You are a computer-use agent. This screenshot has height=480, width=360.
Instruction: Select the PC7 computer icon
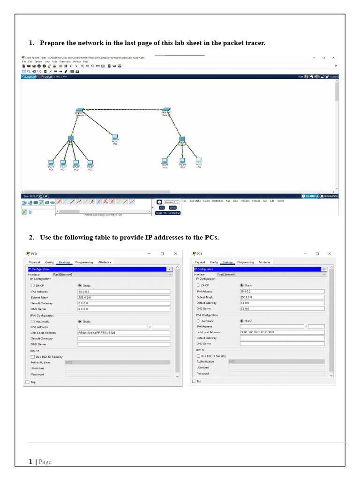199,160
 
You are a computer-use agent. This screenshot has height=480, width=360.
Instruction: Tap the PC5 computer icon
165,161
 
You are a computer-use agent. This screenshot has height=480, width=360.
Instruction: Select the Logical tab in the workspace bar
29,76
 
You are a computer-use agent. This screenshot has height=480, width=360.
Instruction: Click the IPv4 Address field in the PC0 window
124,292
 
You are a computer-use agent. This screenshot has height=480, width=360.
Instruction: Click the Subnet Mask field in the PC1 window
282,297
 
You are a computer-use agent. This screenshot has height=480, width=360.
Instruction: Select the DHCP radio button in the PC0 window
32,285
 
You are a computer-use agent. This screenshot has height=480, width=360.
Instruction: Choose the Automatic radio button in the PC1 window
198,321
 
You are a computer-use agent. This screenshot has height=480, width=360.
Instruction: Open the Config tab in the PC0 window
49,262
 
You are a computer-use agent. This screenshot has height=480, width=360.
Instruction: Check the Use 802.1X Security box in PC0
32,357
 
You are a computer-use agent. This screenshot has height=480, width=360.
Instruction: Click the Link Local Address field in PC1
282,332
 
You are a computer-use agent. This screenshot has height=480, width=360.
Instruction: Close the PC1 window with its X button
330,254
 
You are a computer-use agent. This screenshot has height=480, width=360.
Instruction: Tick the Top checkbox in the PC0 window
27,382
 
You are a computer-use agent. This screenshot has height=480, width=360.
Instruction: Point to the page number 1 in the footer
30,462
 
